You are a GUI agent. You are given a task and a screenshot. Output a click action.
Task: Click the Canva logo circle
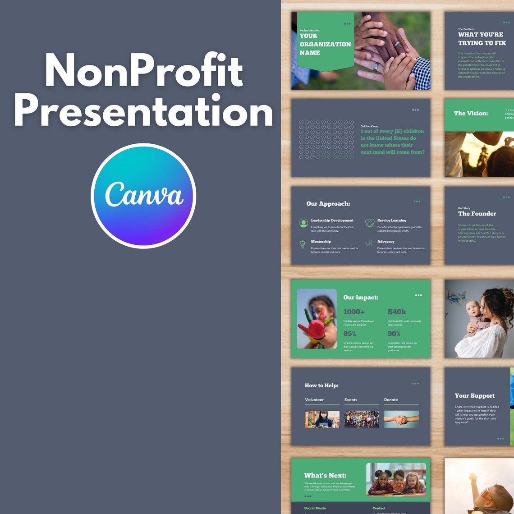tap(143, 196)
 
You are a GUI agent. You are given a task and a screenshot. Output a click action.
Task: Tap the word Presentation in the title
tap(143, 111)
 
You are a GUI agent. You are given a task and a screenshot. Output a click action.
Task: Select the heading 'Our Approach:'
tap(328, 204)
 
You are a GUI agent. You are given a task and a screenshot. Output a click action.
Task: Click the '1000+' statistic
tap(354, 312)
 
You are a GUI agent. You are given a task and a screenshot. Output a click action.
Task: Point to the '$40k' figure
tap(397, 312)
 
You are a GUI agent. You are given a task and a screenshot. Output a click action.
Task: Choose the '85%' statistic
tap(349, 334)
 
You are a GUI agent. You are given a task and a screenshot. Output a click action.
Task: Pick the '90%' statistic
tap(394, 334)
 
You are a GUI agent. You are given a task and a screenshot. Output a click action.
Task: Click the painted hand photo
tap(317, 319)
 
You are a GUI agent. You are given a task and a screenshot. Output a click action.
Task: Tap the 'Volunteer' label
tap(314, 399)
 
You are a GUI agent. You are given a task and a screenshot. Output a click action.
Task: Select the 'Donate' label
tap(391, 399)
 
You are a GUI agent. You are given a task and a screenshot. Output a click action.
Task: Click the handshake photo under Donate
tap(401, 419)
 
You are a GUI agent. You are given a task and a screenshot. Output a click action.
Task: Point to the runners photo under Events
tap(362, 419)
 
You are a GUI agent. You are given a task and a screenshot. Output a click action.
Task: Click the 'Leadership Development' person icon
tap(303, 223)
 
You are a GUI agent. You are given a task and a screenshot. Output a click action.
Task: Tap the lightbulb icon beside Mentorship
tap(303, 244)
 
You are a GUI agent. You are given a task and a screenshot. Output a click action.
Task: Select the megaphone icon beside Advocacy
tap(369, 243)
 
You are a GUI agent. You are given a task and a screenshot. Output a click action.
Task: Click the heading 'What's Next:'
tap(325, 475)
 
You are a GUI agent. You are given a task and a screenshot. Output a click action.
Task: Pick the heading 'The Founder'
tap(477, 214)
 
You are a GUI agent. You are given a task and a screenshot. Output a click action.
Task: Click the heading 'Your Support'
tap(474, 395)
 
